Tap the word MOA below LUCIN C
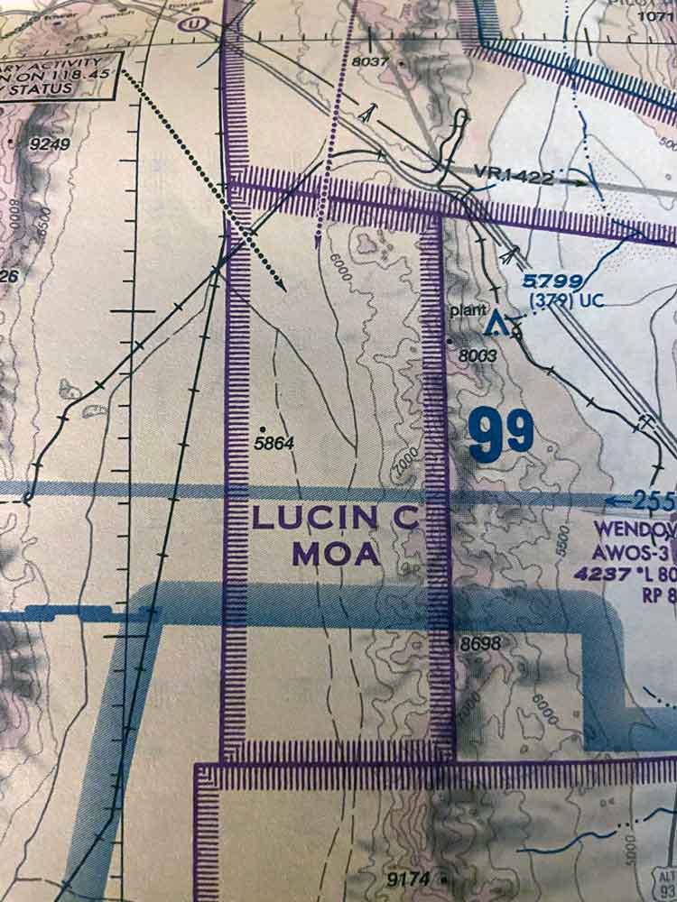pyautogui.click(x=336, y=553)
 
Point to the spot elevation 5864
pyautogui.click(x=275, y=443)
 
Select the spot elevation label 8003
pyautogui.click(x=478, y=356)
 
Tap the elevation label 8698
pyautogui.click(x=479, y=644)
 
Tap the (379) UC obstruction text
pyautogui.click(x=566, y=301)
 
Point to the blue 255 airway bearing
pyautogui.click(x=653, y=502)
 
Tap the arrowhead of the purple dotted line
pyautogui.click(x=318, y=242)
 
